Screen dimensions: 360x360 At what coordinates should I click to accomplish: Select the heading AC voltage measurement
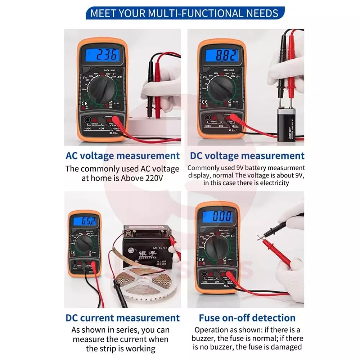[122, 156]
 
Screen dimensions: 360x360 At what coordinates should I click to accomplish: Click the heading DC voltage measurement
[247, 156]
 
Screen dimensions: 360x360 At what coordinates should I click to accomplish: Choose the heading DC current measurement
[122, 318]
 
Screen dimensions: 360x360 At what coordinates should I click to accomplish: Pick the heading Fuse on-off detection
[247, 318]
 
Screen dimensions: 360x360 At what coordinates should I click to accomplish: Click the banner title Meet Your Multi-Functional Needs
[184, 13]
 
